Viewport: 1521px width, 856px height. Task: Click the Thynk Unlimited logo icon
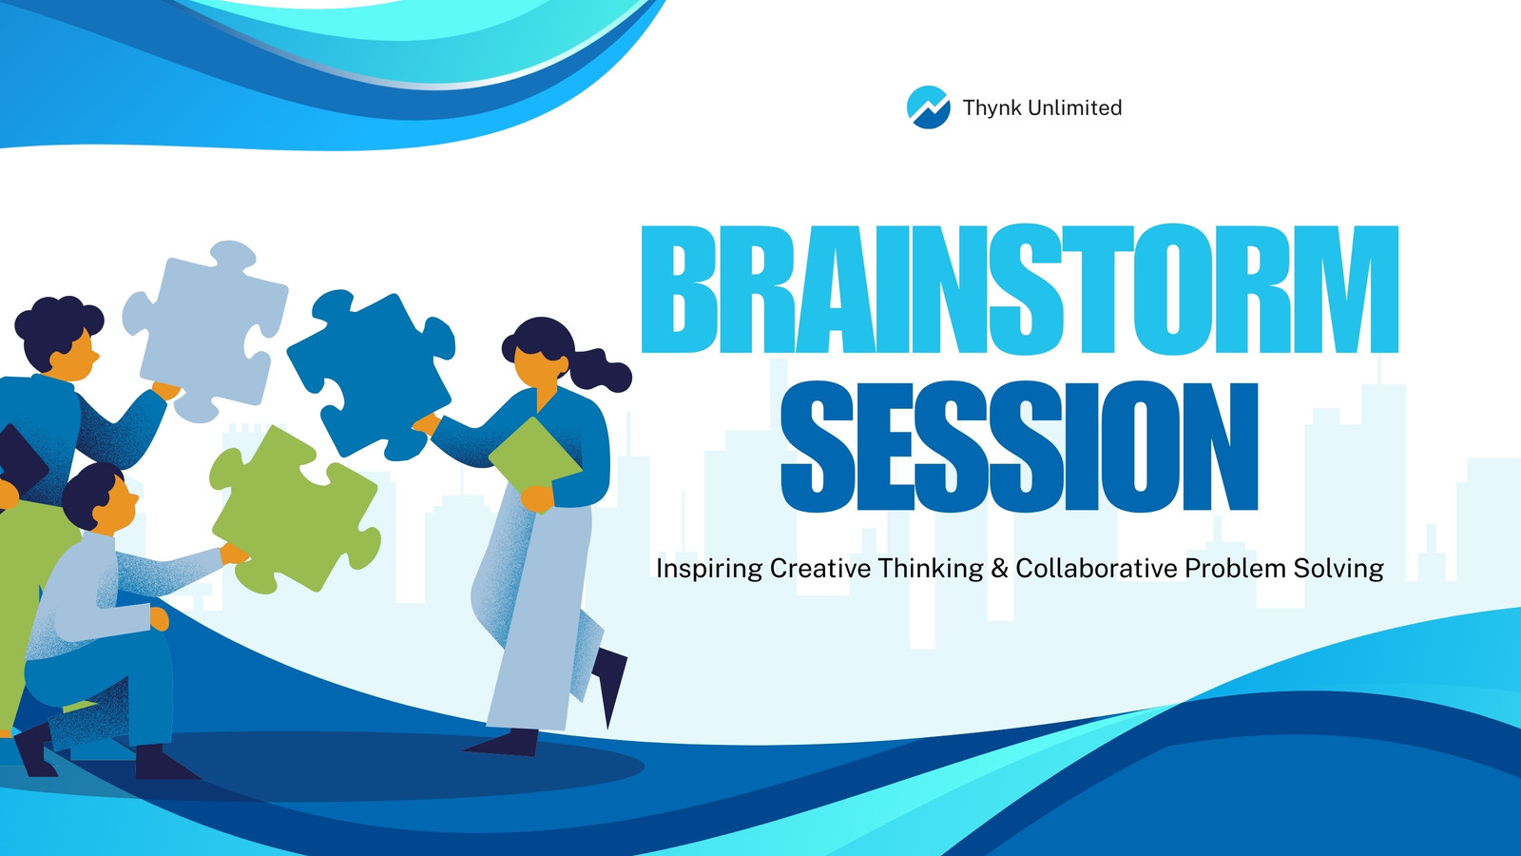click(928, 107)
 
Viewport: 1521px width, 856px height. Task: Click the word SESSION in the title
click(1019, 446)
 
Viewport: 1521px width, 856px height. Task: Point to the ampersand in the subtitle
click(999, 568)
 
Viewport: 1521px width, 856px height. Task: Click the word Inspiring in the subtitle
click(709, 569)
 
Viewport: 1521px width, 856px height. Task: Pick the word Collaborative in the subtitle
click(1096, 568)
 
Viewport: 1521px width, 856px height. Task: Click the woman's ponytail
click(601, 369)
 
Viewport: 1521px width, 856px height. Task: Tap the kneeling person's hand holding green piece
click(234, 554)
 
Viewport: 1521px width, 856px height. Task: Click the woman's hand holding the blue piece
click(427, 424)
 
